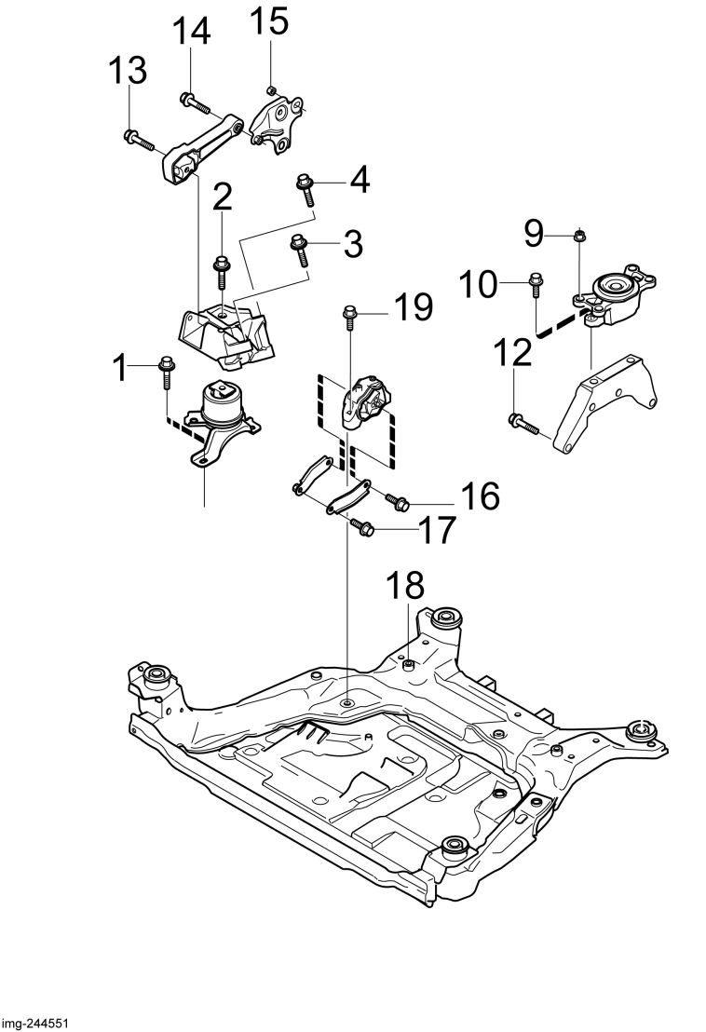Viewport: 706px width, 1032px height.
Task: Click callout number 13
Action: coord(127,71)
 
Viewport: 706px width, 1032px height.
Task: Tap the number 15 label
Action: coord(269,20)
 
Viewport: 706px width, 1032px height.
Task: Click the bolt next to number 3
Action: coord(299,251)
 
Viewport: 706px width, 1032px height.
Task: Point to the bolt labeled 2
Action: coord(221,271)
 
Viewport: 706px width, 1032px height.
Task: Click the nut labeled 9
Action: coord(579,235)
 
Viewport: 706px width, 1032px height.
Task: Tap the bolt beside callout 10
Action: coord(536,288)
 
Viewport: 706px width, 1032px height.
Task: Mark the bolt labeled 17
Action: coord(362,525)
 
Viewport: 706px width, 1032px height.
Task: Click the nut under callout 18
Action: coord(408,666)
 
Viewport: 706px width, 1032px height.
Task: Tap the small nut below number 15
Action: coord(270,89)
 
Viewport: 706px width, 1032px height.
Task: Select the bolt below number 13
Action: coord(139,139)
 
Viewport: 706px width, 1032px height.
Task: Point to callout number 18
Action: coord(405,584)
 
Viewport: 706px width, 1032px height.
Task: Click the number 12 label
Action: coord(512,353)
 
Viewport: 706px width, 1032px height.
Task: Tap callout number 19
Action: coord(414,307)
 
